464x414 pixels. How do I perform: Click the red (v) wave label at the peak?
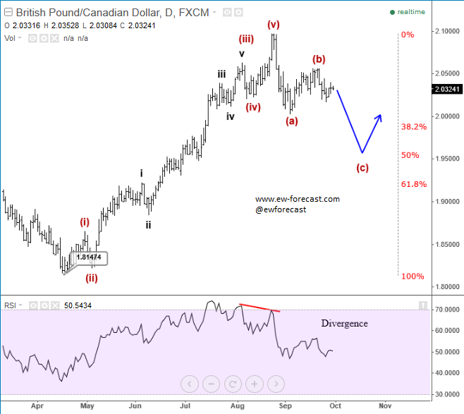274,24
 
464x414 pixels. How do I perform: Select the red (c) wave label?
362,167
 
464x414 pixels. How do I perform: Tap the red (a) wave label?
292,121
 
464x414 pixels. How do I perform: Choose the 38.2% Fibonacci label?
414,127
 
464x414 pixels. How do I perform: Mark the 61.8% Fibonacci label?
414,184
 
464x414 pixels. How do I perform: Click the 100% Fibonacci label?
413,276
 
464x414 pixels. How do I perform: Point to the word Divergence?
345,323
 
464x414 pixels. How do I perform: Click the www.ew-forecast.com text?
297,199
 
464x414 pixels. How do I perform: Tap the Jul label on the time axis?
185,406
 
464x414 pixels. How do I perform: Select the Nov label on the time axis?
384,406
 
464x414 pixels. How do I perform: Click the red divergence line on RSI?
260,308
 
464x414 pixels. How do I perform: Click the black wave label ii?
148,225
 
